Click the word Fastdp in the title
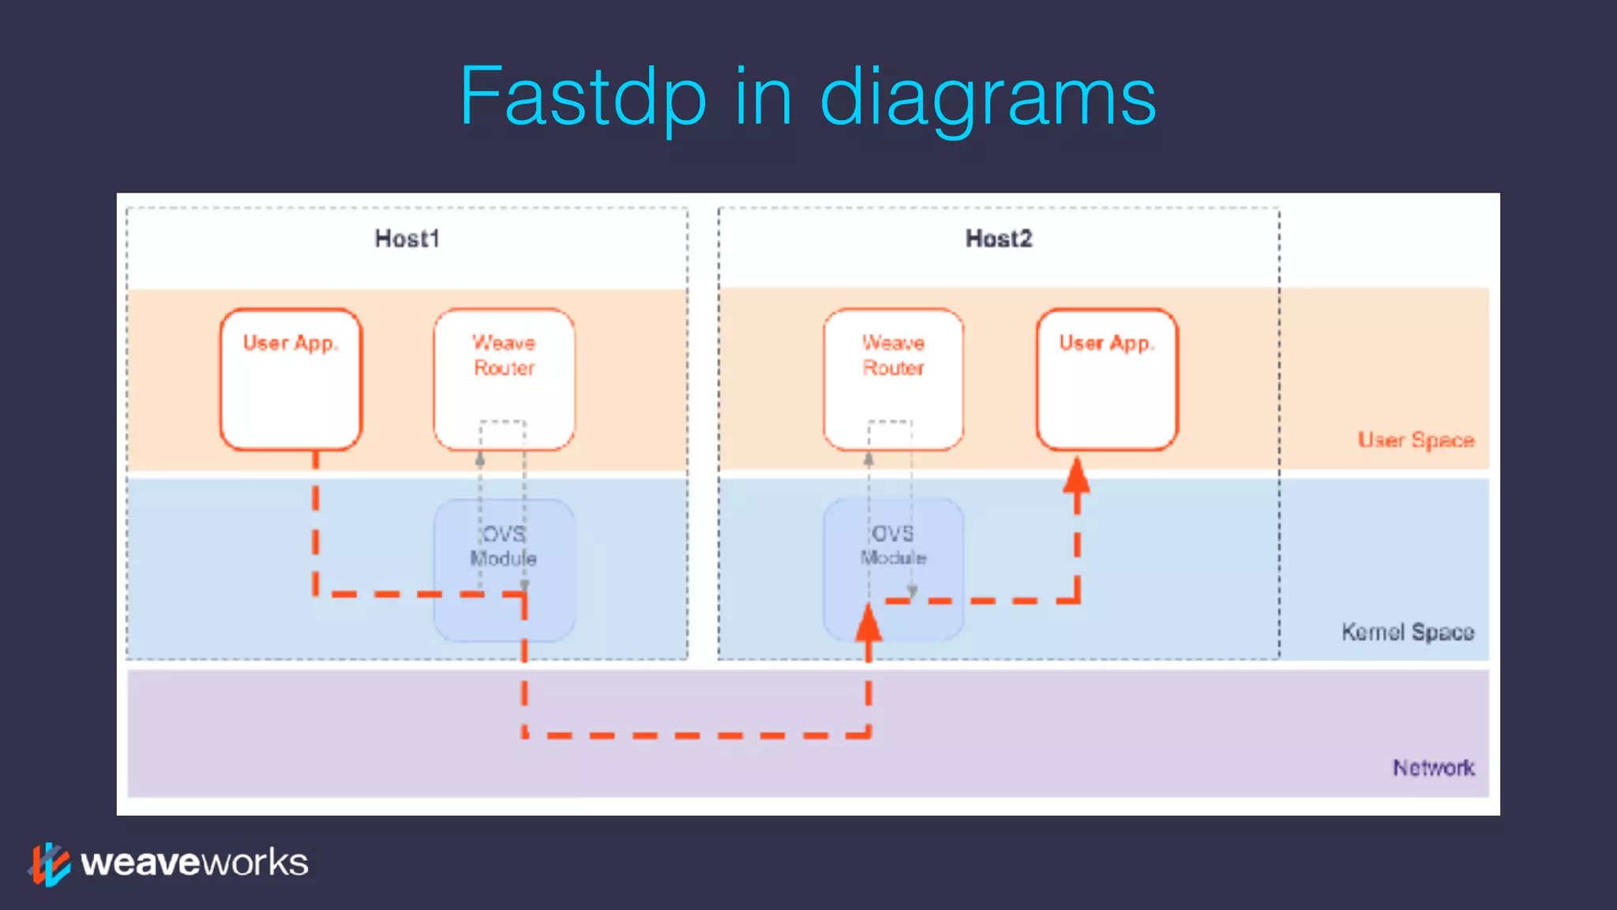click(x=583, y=97)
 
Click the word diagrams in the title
click(x=988, y=97)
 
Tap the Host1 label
click(x=407, y=239)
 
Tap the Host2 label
click(x=998, y=239)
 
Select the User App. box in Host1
click(x=291, y=379)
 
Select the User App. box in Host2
click(x=1106, y=379)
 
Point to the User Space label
click(x=1416, y=440)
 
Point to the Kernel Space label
click(x=1407, y=632)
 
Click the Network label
click(x=1433, y=768)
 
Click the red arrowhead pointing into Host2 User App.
click(x=1076, y=476)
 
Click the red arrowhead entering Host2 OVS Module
click(x=869, y=624)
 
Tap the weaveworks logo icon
click(x=50, y=864)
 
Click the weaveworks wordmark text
click(x=194, y=863)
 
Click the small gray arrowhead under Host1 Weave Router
click(x=479, y=458)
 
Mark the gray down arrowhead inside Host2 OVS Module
click(x=912, y=591)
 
